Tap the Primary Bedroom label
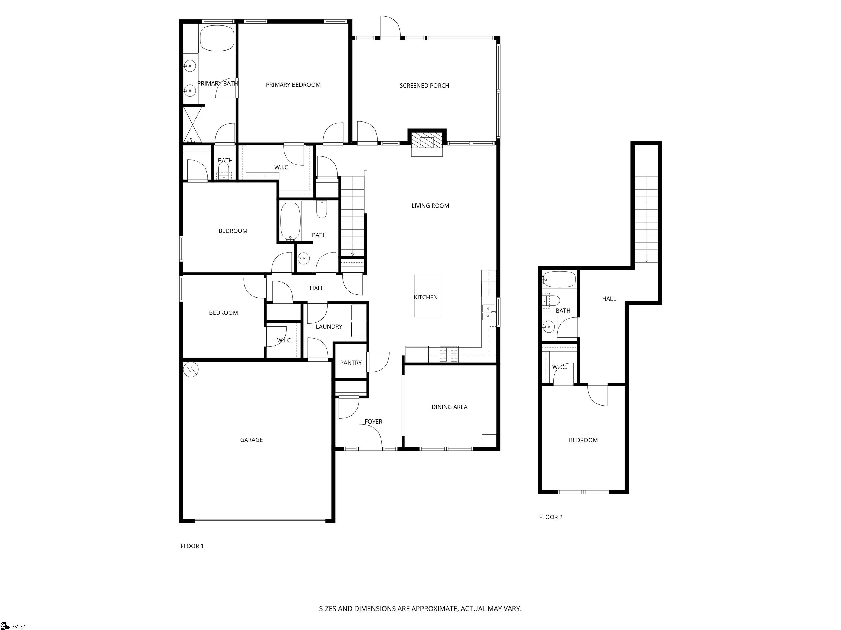(x=293, y=85)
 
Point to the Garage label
(x=251, y=440)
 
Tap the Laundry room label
(x=329, y=326)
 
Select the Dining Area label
(x=450, y=407)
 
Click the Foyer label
(x=373, y=422)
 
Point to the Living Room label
(x=430, y=206)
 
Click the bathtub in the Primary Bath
(x=217, y=38)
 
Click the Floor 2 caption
(x=551, y=517)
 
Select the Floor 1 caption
(x=192, y=546)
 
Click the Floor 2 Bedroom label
(x=583, y=440)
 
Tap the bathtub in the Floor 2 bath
(x=559, y=279)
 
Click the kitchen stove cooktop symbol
(x=449, y=354)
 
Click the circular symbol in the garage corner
(x=191, y=369)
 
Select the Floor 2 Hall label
(x=609, y=299)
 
